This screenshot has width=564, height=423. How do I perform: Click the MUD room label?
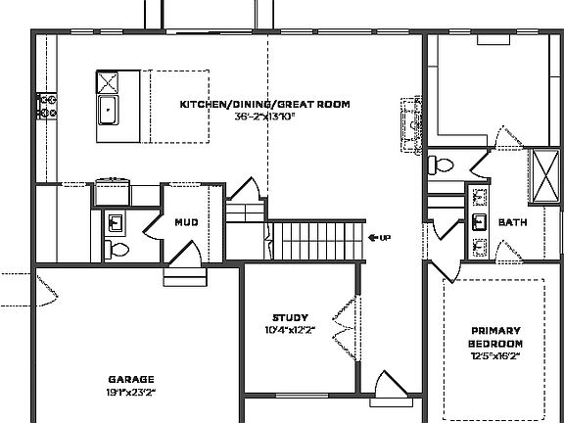pyautogui.click(x=186, y=222)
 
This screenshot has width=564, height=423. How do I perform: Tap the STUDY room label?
pyautogui.click(x=291, y=317)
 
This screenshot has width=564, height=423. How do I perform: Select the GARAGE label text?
pyautogui.click(x=130, y=379)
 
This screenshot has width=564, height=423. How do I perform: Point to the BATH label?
pyautogui.click(x=512, y=222)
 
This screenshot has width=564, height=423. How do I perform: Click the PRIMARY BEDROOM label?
pyautogui.click(x=495, y=337)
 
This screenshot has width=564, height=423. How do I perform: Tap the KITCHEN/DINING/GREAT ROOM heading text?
pyautogui.click(x=264, y=104)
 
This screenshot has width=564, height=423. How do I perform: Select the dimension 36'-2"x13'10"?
pyautogui.click(x=264, y=116)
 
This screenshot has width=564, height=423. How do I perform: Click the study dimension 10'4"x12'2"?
pyautogui.click(x=291, y=329)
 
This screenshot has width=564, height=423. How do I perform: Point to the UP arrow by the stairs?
pyautogui.click(x=379, y=237)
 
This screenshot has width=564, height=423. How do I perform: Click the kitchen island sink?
pyautogui.click(x=106, y=110)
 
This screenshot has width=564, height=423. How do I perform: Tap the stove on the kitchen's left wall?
pyautogui.click(x=44, y=101)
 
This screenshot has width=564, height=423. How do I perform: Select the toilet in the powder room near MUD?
pyautogui.click(x=117, y=248)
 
